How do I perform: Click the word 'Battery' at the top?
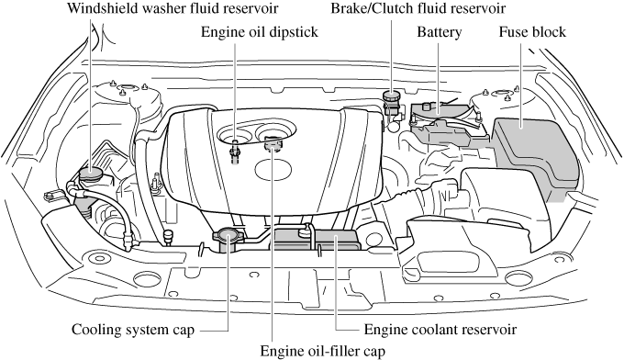click(x=439, y=32)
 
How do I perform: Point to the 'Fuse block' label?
click(x=532, y=32)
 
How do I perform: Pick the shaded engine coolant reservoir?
click(x=317, y=242)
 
